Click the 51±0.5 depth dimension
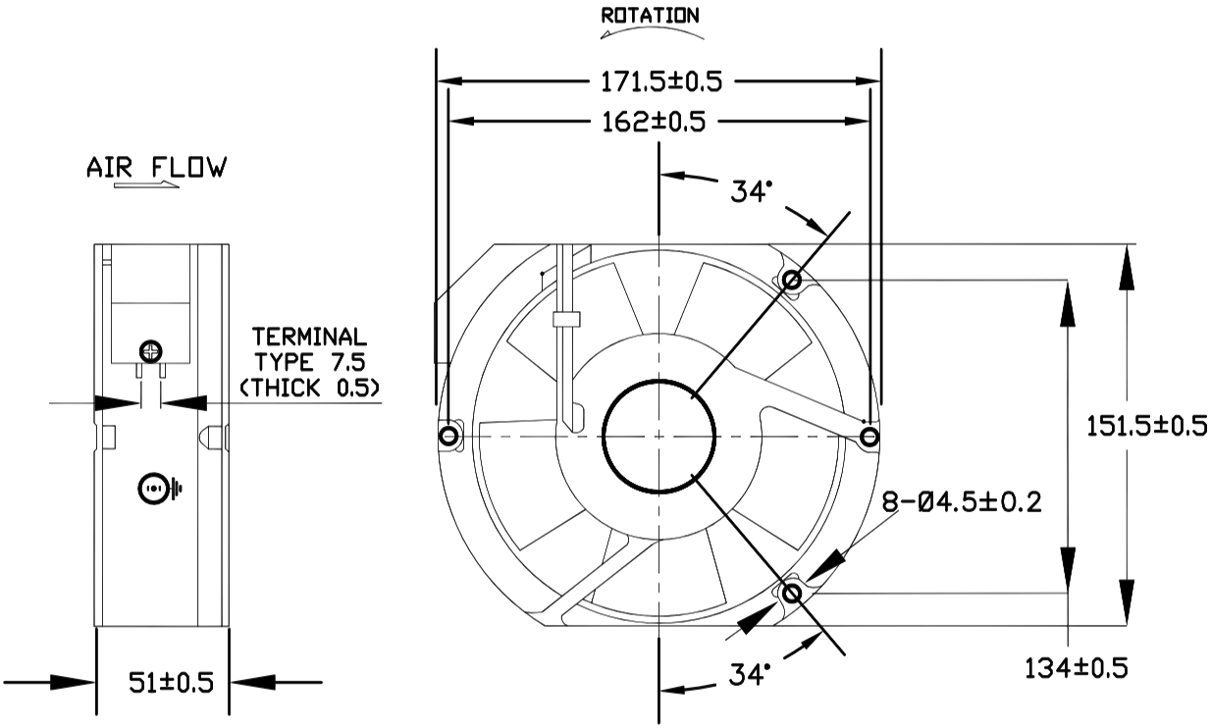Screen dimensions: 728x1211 point(172,682)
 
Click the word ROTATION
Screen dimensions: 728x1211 point(650,16)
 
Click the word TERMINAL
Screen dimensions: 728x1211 point(309,338)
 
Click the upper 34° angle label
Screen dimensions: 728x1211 point(751,191)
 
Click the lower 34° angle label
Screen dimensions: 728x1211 point(751,674)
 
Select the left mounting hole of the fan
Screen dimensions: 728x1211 point(448,436)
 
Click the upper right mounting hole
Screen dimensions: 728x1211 point(792,281)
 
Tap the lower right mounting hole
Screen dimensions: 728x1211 point(792,592)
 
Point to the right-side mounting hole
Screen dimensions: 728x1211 point(868,435)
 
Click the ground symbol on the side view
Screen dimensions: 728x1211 point(157,488)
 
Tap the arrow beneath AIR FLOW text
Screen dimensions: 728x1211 point(147,184)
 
